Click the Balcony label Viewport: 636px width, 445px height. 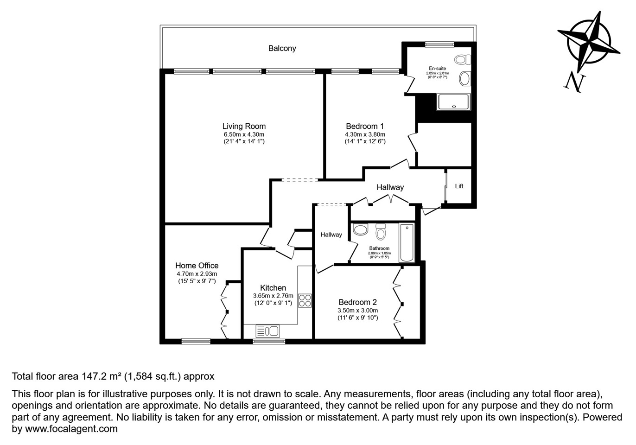282,48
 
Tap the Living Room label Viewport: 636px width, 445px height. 244,126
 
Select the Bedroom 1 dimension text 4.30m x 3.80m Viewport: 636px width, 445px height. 365,134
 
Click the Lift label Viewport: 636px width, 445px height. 459,186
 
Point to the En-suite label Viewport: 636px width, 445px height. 437,69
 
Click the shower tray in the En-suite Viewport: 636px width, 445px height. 454,102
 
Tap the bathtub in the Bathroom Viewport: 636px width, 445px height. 407,243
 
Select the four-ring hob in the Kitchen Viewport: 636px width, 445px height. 305,300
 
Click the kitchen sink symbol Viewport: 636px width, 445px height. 267,331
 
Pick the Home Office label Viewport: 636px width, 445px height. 197,266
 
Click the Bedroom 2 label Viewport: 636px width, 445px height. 357,302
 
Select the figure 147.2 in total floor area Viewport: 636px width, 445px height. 95,376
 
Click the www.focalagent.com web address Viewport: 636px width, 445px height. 71,429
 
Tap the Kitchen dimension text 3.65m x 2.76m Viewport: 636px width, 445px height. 273,296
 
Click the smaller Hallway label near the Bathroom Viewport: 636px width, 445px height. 331,235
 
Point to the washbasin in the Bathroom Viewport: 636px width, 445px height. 360,229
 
